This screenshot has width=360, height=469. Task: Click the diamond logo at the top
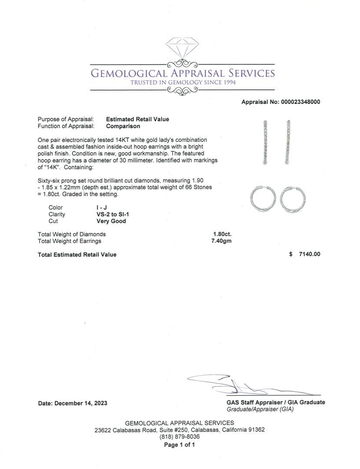coord(182,48)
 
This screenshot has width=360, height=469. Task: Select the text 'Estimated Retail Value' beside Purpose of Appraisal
coord(138,119)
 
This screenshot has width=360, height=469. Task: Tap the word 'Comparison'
coord(123,126)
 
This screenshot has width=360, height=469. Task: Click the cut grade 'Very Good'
coord(111,221)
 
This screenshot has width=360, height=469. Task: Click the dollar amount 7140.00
coord(309,254)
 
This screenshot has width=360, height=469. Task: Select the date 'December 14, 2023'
coord(83,403)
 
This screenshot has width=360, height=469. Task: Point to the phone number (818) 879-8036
coord(180,437)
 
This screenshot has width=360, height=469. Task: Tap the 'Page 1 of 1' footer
coord(179,445)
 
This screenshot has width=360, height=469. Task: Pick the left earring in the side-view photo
coord(265,142)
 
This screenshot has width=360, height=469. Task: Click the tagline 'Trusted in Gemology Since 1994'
coord(182,83)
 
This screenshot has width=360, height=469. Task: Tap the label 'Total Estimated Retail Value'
coord(77,254)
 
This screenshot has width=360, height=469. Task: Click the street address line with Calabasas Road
coord(180,430)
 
